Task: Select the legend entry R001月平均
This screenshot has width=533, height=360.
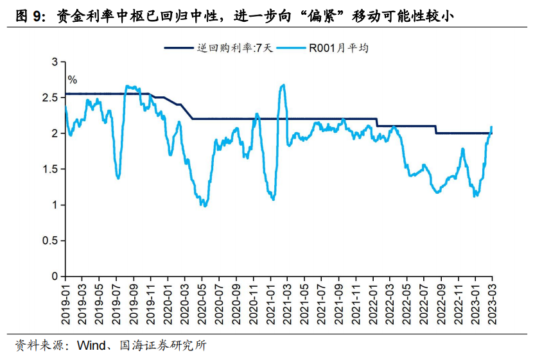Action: pos(339,48)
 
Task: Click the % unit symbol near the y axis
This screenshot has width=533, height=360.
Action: pos(73,80)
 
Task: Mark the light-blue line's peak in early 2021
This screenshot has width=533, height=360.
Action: pos(283,85)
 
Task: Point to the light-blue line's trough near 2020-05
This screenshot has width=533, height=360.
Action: pos(204,205)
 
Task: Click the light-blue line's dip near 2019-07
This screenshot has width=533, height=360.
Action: pos(118,178)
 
